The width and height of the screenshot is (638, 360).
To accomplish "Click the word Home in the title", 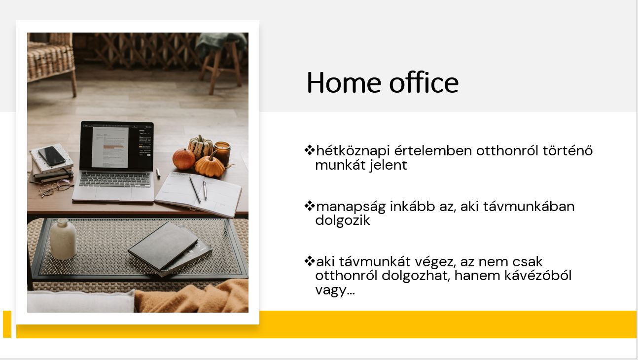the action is pyautogui.click(x=344, y=82).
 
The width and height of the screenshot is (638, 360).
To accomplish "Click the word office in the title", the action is pyautogui.click(x=424, y=82).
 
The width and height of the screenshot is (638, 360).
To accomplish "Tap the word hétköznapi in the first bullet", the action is pyautogui.click(x=353, y=151).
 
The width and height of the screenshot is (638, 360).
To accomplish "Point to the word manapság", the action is pyautogui.click(x=351, y=207).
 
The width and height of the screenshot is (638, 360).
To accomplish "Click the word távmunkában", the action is pyautogui.click(x=529, y=206).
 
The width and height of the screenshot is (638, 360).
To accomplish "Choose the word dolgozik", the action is pyautogui.click(x=343, y=220).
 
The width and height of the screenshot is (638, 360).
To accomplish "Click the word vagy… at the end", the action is pyautogui.click(x=335, y=290).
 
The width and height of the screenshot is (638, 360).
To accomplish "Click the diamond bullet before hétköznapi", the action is pyautogui.click(x=309, y=150).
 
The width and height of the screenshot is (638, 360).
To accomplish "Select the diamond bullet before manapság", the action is pyautogui.click(x=309, y=206).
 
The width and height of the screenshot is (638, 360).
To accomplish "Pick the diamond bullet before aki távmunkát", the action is pyautogui.click(x=309, y=261).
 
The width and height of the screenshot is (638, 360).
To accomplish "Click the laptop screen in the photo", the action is pyautogui.click(x=116, y=146).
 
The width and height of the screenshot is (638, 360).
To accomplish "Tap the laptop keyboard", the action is pyautogui.click(x=114, y=180).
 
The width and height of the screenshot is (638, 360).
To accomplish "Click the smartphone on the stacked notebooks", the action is pyautogui.click(x=52, y=156).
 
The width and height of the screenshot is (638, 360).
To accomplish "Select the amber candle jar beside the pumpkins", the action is pyautogui.click(x=222, y=153).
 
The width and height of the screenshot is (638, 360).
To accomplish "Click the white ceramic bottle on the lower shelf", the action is pyautogui.click(x=63, y=239).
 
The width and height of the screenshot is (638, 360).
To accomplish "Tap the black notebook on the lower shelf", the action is pyautogui.click(x=163, y=246).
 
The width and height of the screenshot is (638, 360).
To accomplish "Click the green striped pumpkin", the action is pyautogui.click(x=201, y=146).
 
